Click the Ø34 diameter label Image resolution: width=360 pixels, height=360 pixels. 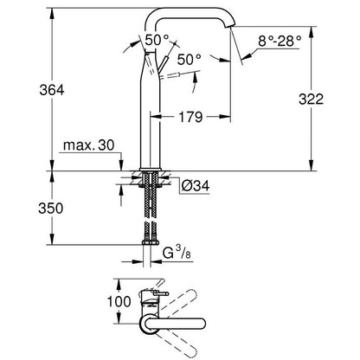pyautogui.click(x=191, y=184)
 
